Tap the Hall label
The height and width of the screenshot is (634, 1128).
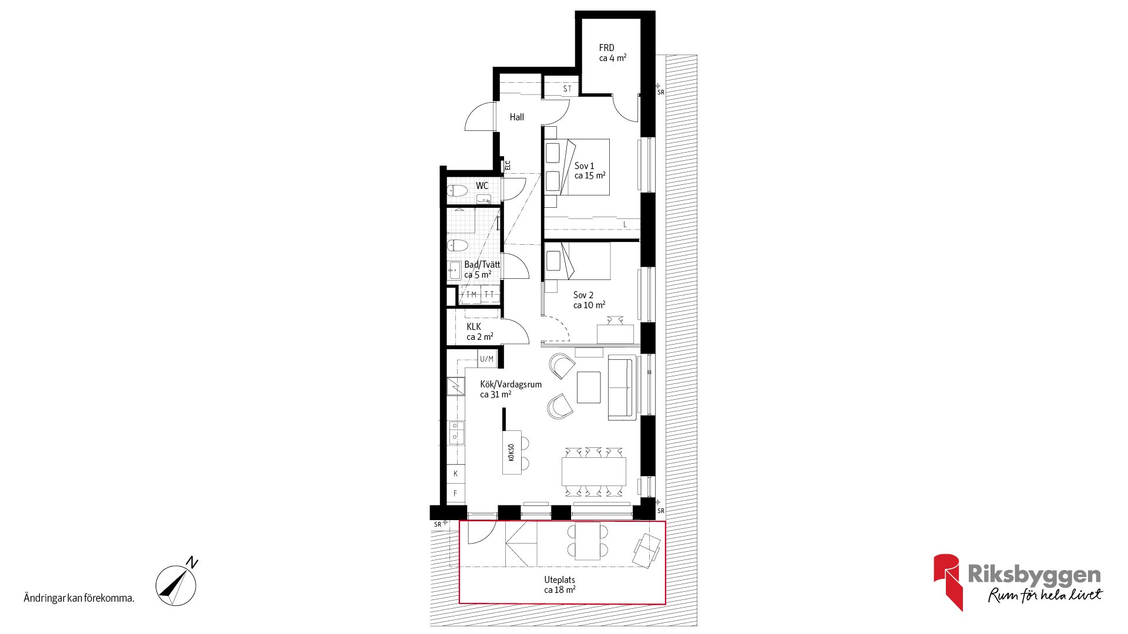pyautogui.click(x=517, y=117)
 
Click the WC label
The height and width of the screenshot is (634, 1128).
pyautogui.click(x=482, y=186)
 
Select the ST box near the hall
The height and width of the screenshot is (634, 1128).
pyautogui.click(x=567, y=89)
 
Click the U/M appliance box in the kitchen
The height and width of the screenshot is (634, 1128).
pyautogui.click(x=487, y=359)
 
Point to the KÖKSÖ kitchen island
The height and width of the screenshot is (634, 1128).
pyautogui.click(x=511, y=453)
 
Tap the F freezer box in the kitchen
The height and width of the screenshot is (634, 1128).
pyautogui.click(x=455, y=494)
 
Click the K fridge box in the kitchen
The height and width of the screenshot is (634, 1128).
pyautogui.click(x=455, y=474)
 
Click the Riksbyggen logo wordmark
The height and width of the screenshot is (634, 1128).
pyautogui.click(x=1034, y=574)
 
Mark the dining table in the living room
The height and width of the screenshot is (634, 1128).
pyautogui.click(x=593, y=471)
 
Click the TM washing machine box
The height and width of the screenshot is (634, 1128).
pyautogui.click(x=471, y=295)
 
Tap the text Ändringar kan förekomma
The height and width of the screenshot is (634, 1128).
pyautogui.click(x=79, y=598)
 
